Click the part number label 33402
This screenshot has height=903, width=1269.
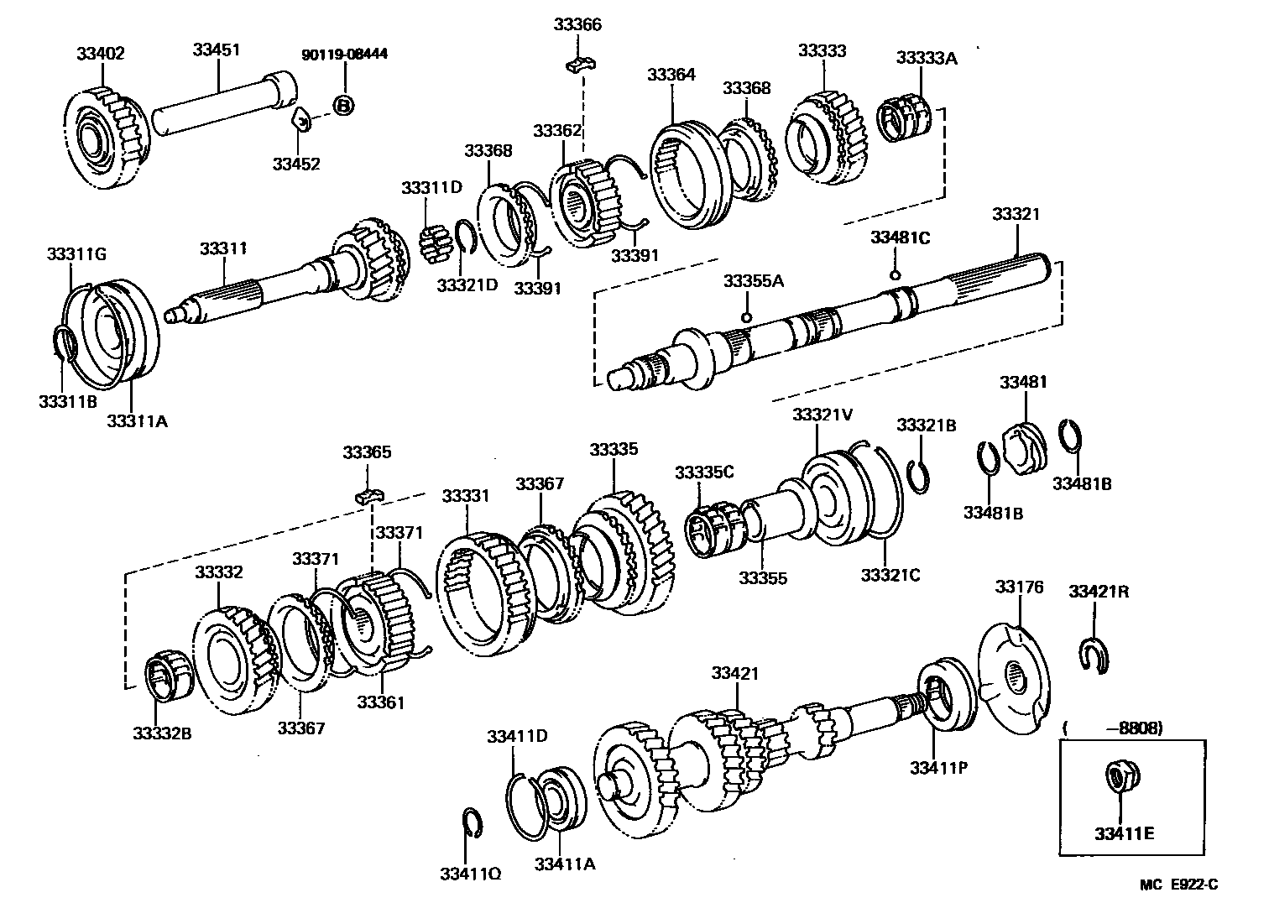pyautogui.click(x=100, y=54)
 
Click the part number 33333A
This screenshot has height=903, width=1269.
pyautogui.click(x=927, y=58)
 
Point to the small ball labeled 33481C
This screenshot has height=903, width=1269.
pyautogui.click(x=895, y=274)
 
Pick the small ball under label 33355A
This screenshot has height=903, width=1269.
pyautogui.click(x=745, y=317)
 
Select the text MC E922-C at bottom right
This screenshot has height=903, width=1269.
pyautogui.click(x=1178, y=884)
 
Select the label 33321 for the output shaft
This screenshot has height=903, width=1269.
pyautogui.click(x=1016, y=214)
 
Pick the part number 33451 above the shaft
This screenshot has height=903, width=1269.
pyautogui.click(x=216, y=50)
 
